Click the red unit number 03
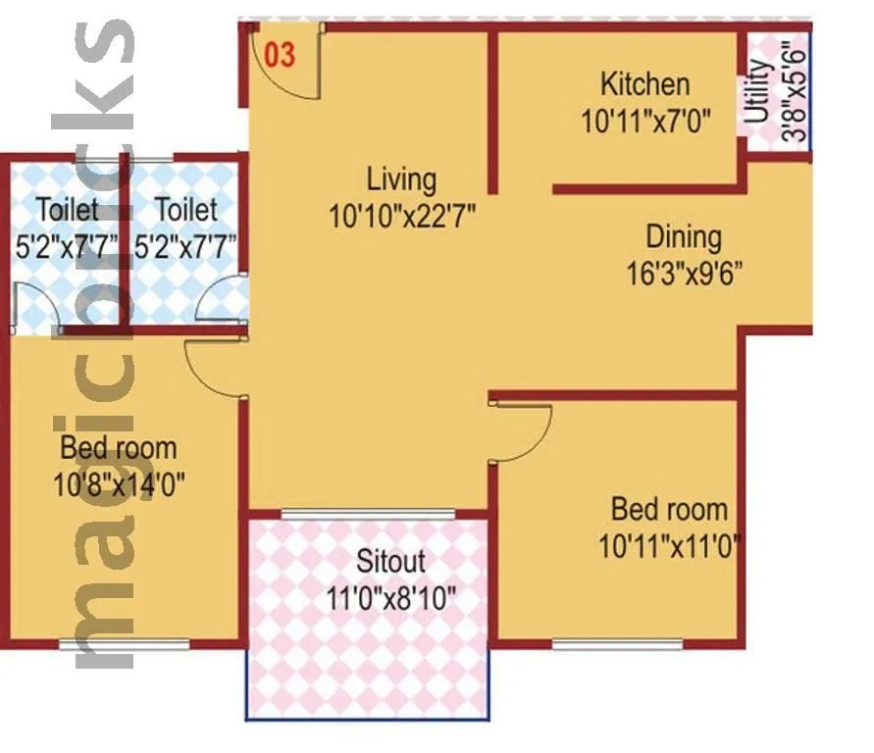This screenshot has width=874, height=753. [x=281, y=55]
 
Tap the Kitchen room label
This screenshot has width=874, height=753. [x=644, y=83]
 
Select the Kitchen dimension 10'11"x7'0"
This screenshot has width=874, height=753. [x=644, y=121]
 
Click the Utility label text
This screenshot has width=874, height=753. [x=758, y=91]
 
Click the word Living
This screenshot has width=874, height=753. [x=401, y=179]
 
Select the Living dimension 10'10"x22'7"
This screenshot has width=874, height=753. [x=403, y=216]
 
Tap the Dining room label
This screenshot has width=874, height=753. [x=683, y=236]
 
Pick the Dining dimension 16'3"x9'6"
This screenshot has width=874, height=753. [x=684, y=272]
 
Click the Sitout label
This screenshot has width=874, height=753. [x=390, y=561]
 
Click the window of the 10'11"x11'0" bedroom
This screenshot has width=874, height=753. [x=617, y=644]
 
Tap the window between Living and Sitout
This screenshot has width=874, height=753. [x=368, y=513]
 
